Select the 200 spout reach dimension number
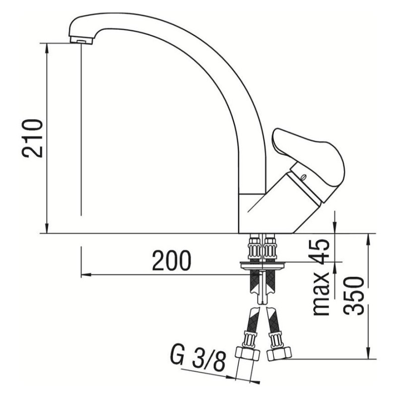coord(171,261)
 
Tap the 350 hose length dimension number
coord(355,296)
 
